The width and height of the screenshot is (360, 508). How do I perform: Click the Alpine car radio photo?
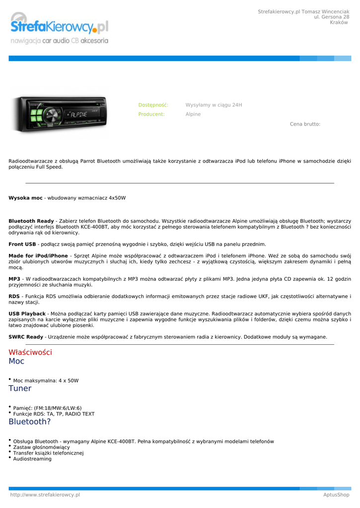tap(60, 114)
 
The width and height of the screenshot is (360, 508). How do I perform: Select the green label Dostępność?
tap(153, 105)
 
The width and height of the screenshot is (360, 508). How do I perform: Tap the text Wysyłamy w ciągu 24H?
tap(214, 105)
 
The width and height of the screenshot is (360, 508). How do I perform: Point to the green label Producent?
tap(151, 114)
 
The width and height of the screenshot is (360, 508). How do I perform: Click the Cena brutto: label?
tap(305, 124)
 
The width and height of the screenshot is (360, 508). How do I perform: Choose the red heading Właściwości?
tap(30, 352)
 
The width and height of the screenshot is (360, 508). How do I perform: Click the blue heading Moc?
tap(16, 361)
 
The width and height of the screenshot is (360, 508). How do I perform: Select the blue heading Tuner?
tap(20, 388)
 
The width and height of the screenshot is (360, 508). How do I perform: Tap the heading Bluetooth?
tap(30, 422)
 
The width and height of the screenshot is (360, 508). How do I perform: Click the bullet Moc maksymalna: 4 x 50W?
tap(46, 381)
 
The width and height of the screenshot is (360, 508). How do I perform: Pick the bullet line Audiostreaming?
tap(32, 459)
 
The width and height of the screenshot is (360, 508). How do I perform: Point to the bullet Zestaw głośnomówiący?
tap(41, 447)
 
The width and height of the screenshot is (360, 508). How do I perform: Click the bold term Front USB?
tap(22, 244)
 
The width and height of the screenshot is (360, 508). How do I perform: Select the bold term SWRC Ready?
tap(26, 337)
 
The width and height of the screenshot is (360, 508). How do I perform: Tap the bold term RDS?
tap(14, 296)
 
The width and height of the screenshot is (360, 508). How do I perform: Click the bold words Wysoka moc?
tap(25, 198)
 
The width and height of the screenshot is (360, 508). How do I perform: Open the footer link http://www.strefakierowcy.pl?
tap(45, 495)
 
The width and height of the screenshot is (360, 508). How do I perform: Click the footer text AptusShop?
tap(336, 495)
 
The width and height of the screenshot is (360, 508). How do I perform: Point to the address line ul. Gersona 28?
tap(331, 17)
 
